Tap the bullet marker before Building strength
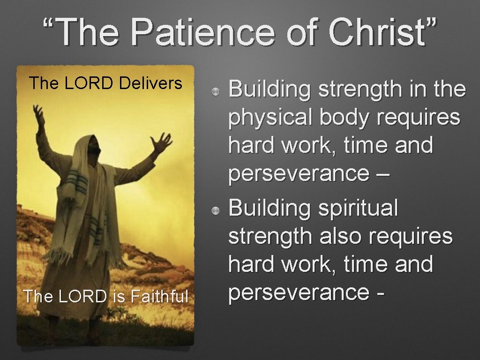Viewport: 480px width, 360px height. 215,91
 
